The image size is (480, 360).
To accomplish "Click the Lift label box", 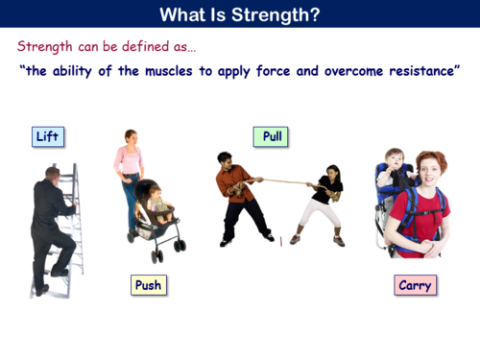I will click(x=47, y=136).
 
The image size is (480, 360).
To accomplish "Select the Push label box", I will click(x=148, y=284).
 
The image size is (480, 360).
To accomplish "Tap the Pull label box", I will click(x=272, y=136).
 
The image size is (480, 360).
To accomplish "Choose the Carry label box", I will click(x=415, y=285).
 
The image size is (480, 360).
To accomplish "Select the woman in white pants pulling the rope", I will click(x=322, y=202).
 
